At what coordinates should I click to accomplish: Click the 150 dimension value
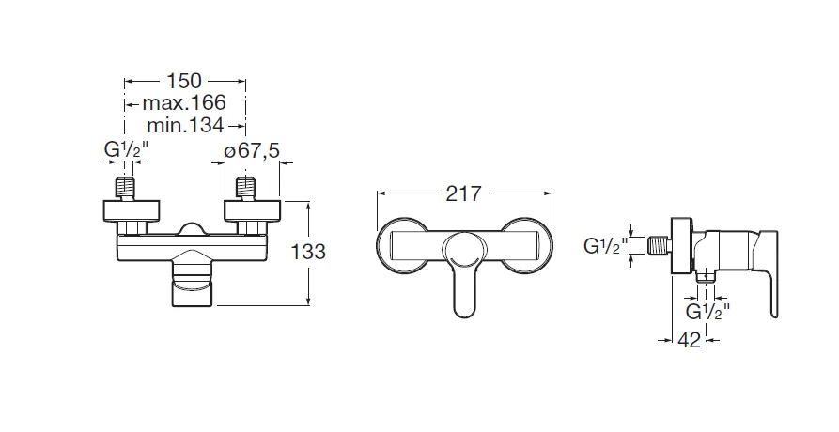pos(184,81)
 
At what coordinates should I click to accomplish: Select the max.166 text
pos(184,102)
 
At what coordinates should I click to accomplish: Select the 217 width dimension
pos(462,193)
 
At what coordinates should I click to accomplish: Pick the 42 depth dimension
pos(690,341)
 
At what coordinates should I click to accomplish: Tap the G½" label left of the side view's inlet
pos(606,247)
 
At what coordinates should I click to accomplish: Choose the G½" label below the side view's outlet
pos(708,310)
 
